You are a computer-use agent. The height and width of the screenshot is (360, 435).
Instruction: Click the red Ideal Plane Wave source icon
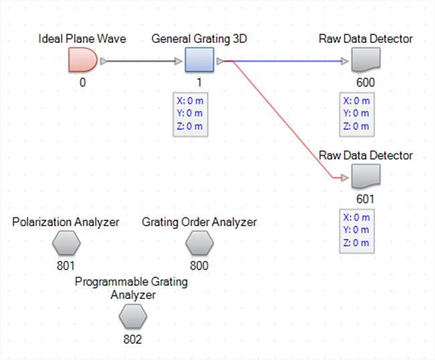coord(82,62)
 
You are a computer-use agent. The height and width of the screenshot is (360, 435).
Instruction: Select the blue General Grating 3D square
coord(199,62)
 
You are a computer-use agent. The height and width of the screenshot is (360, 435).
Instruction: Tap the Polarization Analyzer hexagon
coord(66,244)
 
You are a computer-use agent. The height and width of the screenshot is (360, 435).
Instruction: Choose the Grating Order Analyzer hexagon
coord(199,244)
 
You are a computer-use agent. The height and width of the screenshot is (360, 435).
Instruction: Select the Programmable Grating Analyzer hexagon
coord(133,317)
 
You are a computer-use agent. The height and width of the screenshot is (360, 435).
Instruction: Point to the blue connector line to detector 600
coord(288,62)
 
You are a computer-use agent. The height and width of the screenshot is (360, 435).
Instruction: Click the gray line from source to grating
coord(141,62)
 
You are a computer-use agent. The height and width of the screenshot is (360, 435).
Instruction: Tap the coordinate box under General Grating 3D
coord(189,114)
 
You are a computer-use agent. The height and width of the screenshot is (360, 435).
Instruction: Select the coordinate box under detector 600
coord(357,114)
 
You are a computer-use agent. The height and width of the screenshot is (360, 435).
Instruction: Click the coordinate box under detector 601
coord(357,230)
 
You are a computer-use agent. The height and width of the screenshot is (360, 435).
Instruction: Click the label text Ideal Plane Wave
coord(82,39)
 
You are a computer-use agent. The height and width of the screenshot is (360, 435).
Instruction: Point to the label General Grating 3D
coord(199,39)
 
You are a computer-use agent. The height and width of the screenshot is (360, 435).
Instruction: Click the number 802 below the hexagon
coord(133,339)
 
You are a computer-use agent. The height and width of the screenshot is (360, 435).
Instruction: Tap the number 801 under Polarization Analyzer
coord(66,266)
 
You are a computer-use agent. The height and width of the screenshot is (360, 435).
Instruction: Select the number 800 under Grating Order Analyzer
coord(199,266)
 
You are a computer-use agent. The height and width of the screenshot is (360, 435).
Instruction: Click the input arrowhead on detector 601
coord(344,178)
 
